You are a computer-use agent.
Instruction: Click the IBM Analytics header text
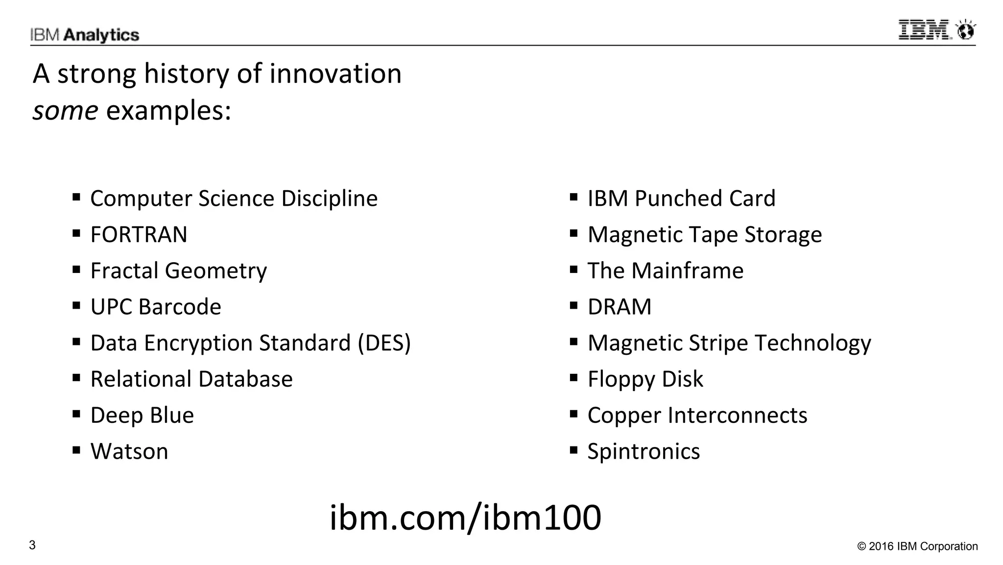click(84, 35)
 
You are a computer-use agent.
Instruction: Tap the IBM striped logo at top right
click(924, 30)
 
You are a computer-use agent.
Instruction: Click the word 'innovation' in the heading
click(335, 74)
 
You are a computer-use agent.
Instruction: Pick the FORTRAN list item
click(139, 235)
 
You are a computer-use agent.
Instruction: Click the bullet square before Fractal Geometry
click(76, 270)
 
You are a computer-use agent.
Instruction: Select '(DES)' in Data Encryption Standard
click(384, 343)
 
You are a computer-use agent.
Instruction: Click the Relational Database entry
click(191, 379)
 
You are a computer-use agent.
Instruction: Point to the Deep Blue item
click(142, 416)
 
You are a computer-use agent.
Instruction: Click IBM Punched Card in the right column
click(681, 199)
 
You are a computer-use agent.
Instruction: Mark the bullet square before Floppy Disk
click(573, 378)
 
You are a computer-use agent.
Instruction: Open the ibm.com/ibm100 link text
click(465, 517)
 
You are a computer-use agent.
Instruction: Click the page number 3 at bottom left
click(32, 545)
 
